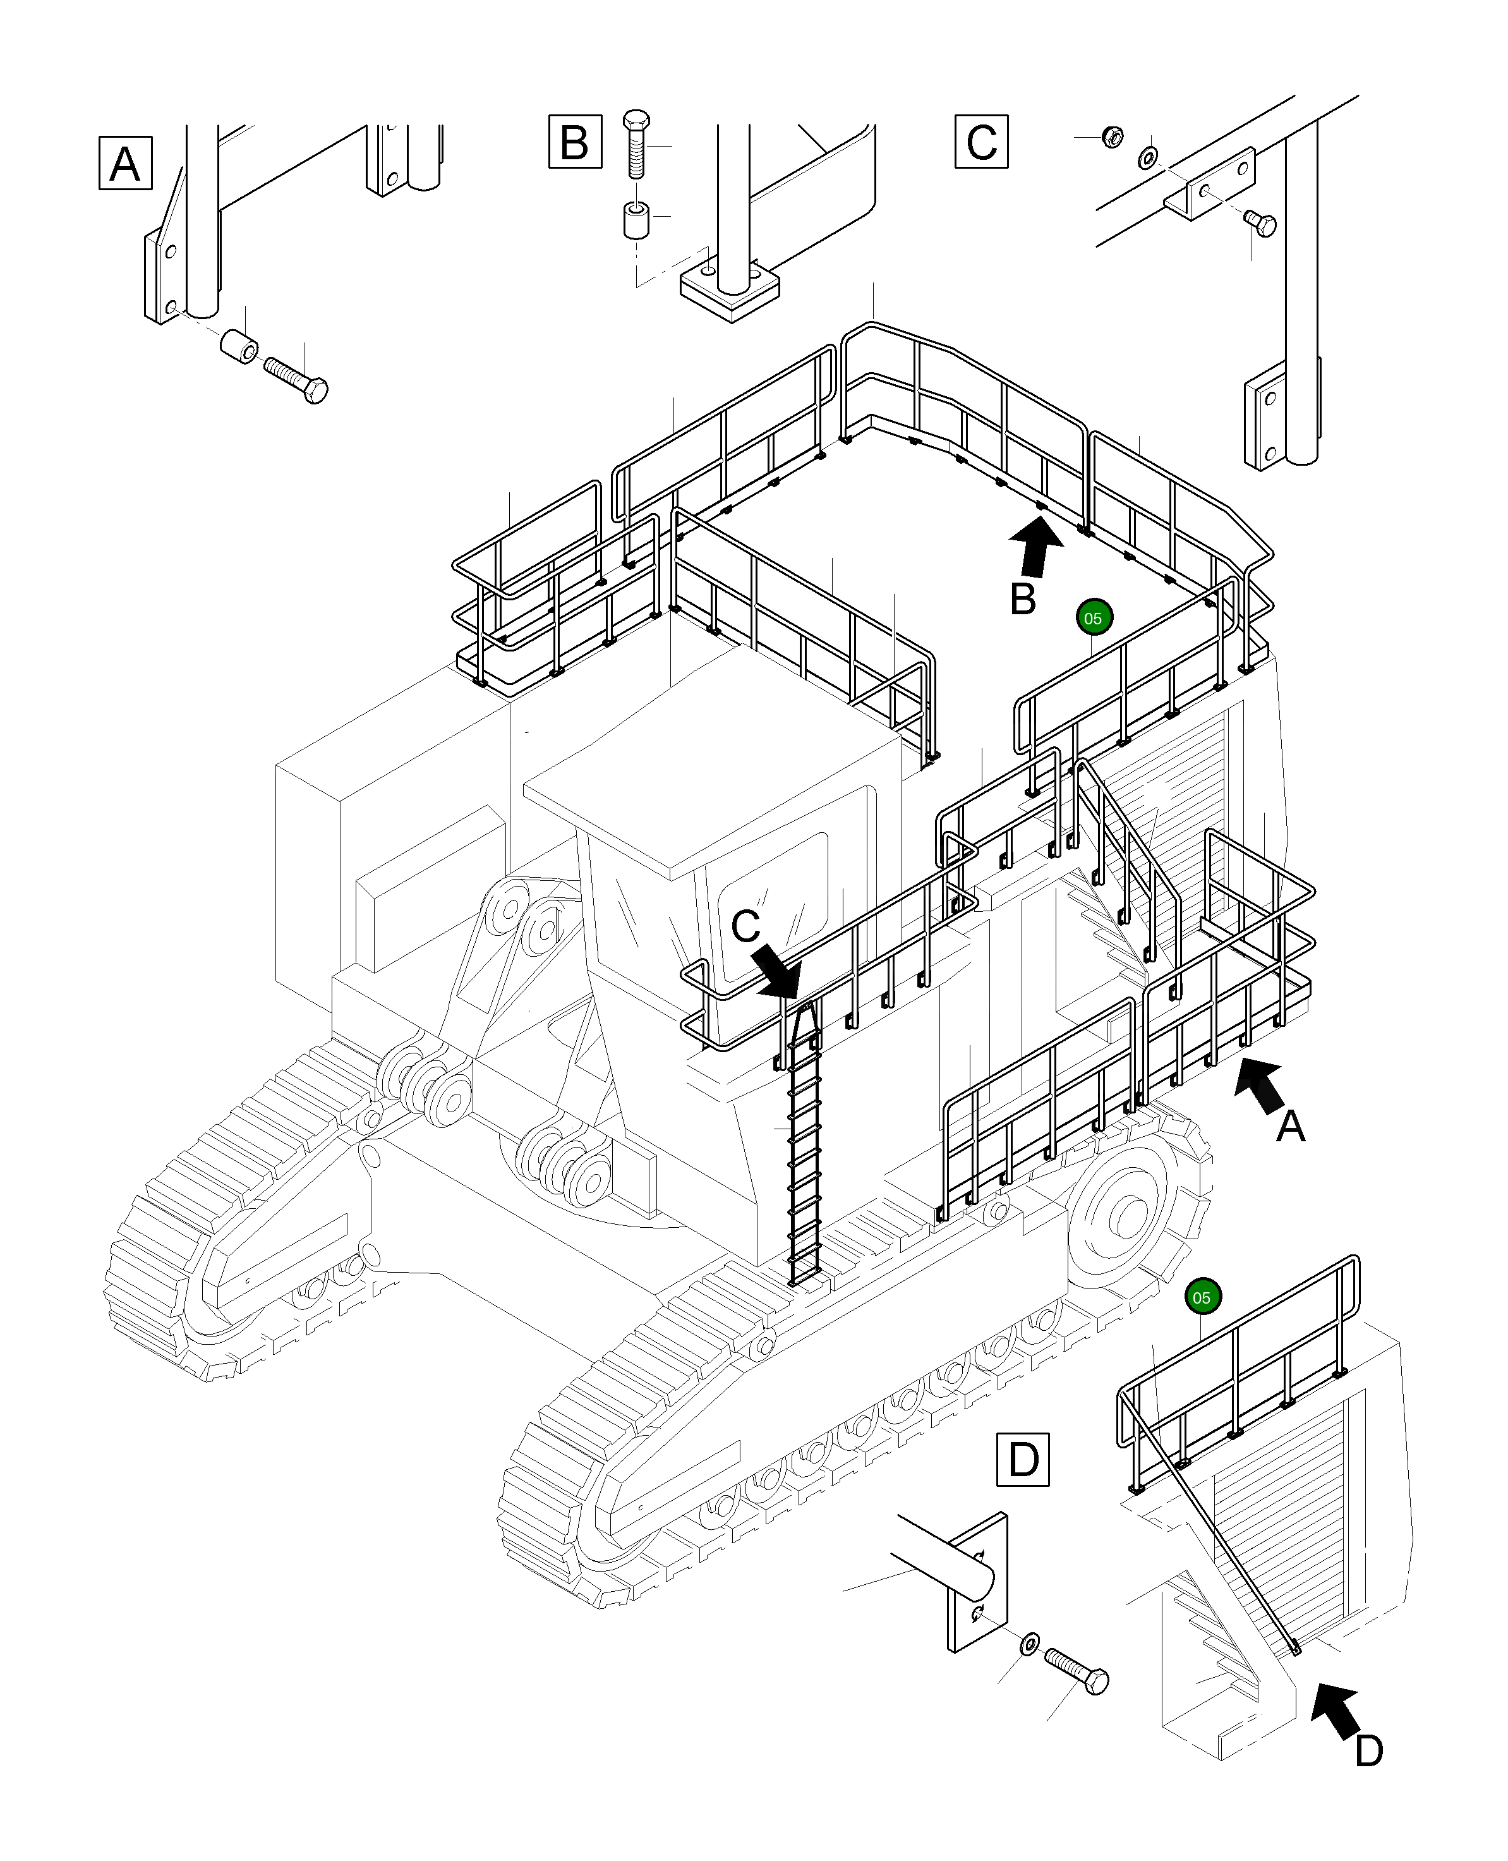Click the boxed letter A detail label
[x=126, y=162]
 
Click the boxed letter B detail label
[x=575, y=141]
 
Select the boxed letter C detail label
[x=982, y=141]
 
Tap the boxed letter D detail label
[x=1022, y=1460]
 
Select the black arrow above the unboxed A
[x=1260, y=1084]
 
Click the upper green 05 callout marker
[x=1094, y=618]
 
